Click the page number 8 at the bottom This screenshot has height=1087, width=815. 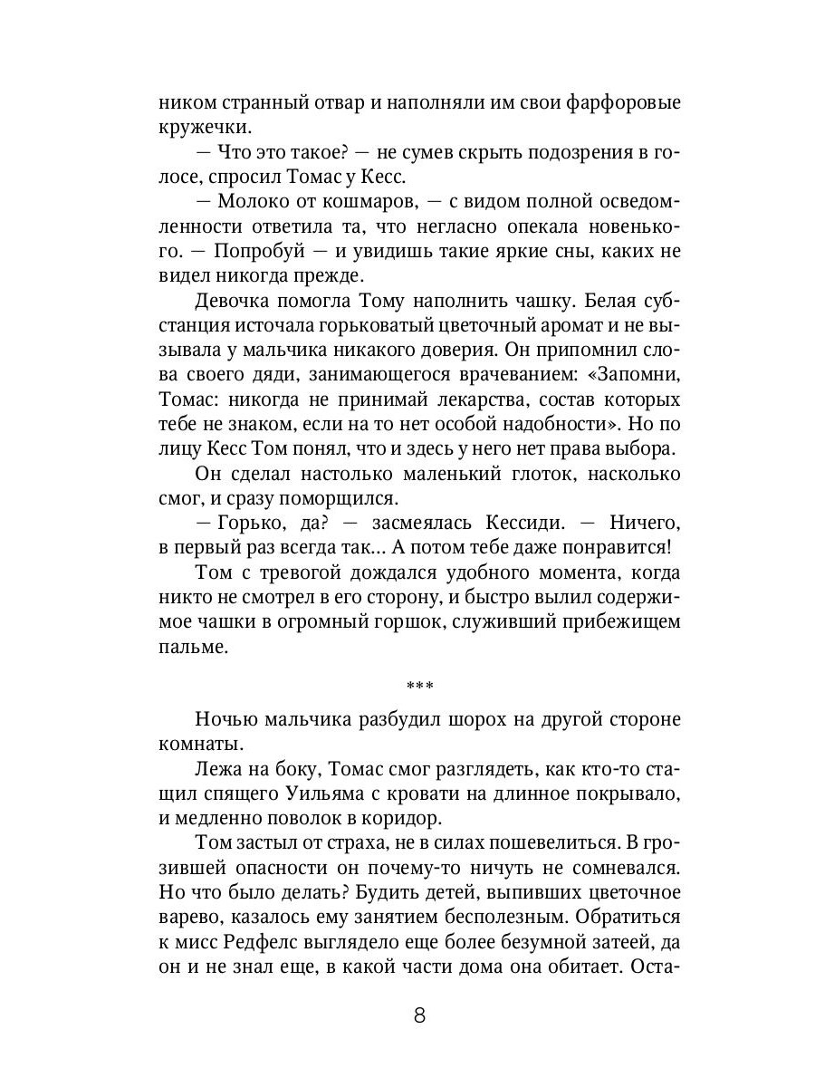pyautogui.click(x=419, y=1014)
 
